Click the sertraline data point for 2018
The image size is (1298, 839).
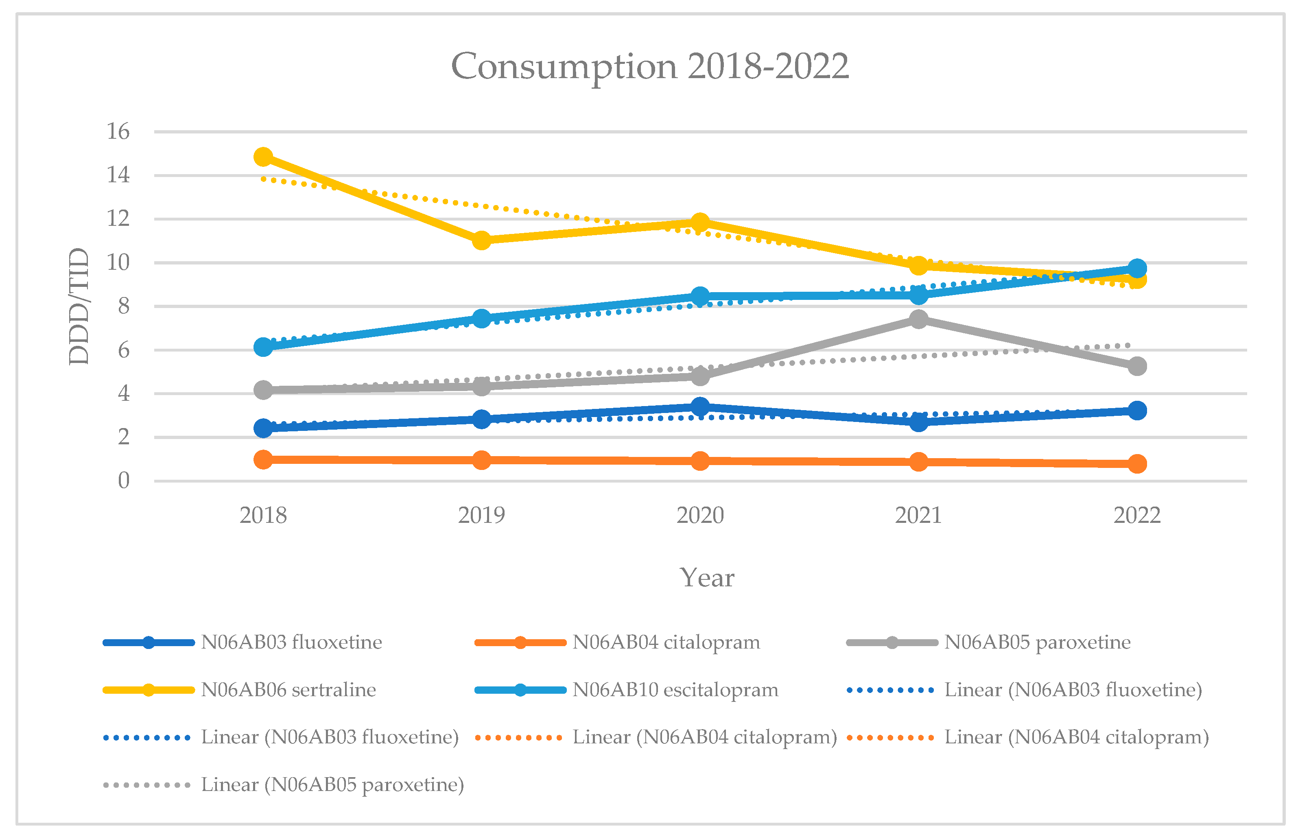(263, 157)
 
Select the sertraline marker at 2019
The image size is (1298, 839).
(481, 240)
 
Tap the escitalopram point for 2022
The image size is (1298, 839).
(1137, 268)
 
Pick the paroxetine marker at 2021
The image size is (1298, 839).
(918, 319)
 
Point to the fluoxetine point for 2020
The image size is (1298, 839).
(700, 406)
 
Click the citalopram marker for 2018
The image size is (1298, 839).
(263, 459)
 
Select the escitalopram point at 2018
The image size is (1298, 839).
(263, 347)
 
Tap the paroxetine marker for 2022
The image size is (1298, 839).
(1137, 366)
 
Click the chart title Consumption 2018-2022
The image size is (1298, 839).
(649, 66)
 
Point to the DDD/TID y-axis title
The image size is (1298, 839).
(79, 306)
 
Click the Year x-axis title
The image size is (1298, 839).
(706, 577)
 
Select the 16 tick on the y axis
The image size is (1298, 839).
(118, 131)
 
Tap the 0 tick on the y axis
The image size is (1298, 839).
(124, 481)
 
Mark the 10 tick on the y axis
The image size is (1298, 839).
(118, 262)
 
